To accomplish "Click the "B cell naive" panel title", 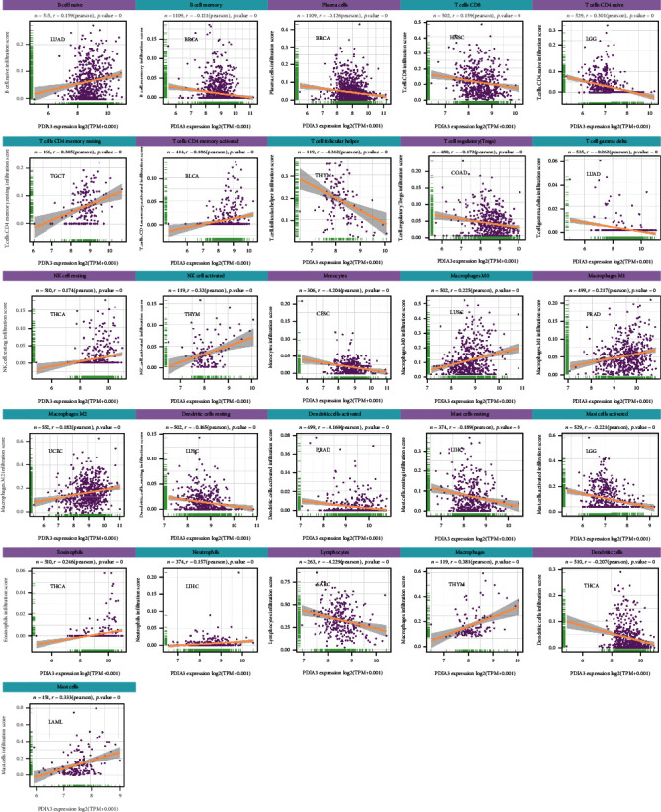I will point(66,6).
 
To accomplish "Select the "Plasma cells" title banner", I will point(330,6).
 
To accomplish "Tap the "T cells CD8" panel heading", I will point(462,6).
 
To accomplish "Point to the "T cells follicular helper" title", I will point(330,142).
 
